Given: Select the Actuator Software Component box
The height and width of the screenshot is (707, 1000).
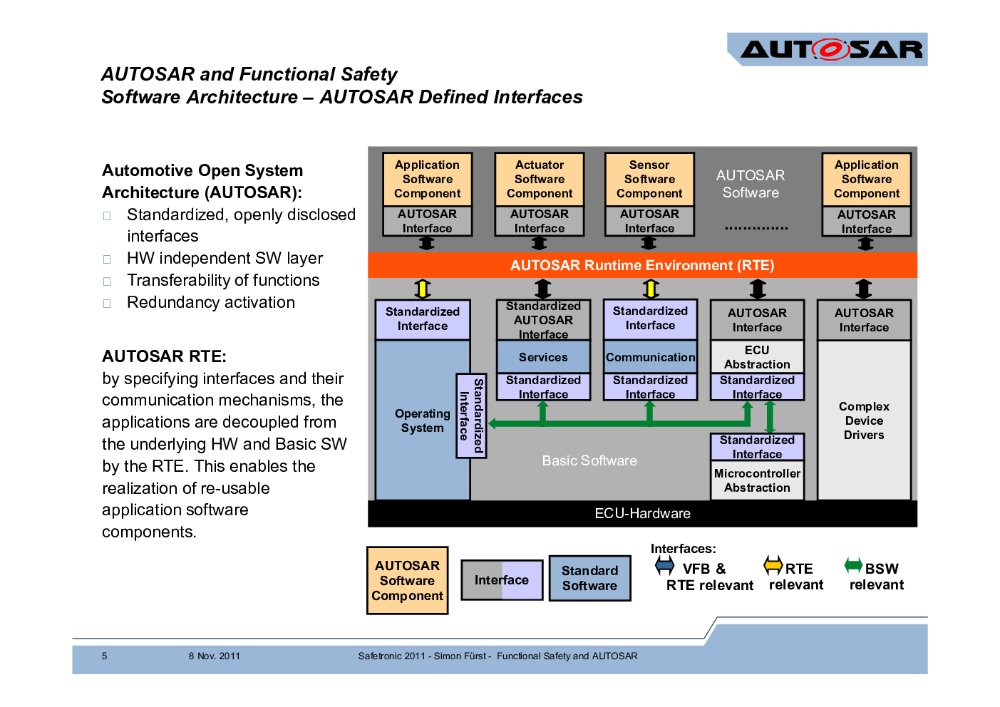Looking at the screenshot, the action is [x=540, y=180].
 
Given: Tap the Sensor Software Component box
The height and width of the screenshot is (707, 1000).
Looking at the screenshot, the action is [x=649, y=180].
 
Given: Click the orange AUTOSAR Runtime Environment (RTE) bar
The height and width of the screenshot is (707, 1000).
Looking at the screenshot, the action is [x=642, y=265].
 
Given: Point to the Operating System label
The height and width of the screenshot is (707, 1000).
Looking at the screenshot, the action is [x=423, y=420].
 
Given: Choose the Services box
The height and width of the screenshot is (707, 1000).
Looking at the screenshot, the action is [x=543, y=357].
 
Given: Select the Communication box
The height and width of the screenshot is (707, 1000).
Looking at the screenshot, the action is [x=650, y=357].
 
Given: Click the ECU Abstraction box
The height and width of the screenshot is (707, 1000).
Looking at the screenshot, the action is [x=757, y=357].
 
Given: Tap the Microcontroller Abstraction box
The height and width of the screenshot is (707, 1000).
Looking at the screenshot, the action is [x=757, y=480].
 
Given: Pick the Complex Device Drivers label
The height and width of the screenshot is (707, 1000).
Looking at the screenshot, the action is [x=864, y=420].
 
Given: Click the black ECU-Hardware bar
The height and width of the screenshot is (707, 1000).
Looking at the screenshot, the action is [x=642, y=513].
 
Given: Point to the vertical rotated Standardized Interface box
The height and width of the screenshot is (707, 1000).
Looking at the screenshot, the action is [x=471, y=416].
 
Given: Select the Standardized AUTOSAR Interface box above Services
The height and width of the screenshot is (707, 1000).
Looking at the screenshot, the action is [x=543, y=320].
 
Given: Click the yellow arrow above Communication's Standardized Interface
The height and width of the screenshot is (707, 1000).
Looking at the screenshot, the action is [x=651, y=289].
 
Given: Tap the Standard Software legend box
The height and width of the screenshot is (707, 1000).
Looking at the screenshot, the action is [x=589, y=578].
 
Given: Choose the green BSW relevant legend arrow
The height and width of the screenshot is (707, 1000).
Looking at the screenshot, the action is [x=853, y=565].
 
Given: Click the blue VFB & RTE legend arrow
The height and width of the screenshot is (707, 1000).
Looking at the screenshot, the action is [x=664, y=566].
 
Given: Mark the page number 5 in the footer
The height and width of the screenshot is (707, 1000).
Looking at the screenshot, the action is [x=105, y=656].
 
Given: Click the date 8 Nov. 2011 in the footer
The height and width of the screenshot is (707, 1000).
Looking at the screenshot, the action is [x=214, y=656].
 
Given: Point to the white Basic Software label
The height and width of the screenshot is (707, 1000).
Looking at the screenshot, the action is [x=589, y=460].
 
